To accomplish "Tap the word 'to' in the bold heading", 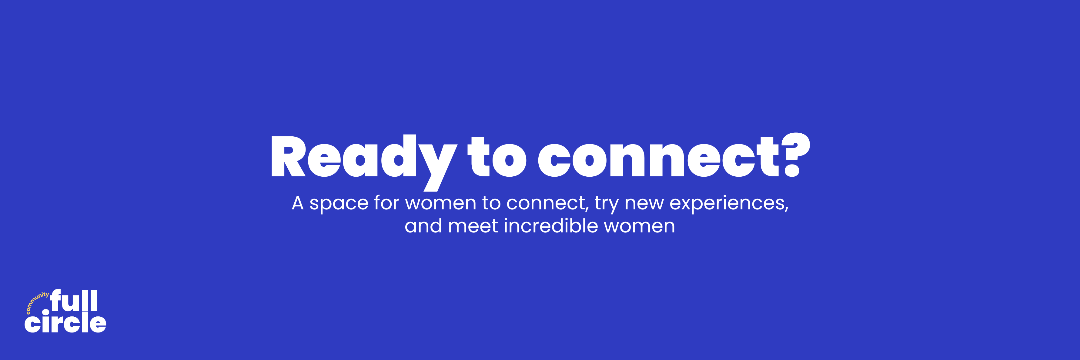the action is [x=497, y=157].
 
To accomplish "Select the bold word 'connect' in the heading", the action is [x=659, y=157].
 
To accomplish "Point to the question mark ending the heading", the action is [x=795, y=154].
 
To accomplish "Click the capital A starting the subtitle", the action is [x=297, y=203].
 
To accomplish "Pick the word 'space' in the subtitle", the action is [x=339, y=204].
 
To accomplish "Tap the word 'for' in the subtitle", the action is [x=386, y=202].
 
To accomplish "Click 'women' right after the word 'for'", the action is [x=441, y=204].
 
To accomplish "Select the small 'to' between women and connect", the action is [x=491, y=203].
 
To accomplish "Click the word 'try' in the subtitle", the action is [x=606, y=205].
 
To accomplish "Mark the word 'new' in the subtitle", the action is [x=644, y=204].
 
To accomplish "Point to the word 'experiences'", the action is [x=729, y=204].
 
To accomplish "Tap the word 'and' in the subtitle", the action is [x=423, y=225].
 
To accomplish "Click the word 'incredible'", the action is [x=551, y=225].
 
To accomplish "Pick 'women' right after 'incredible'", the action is [x=639, y=227].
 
